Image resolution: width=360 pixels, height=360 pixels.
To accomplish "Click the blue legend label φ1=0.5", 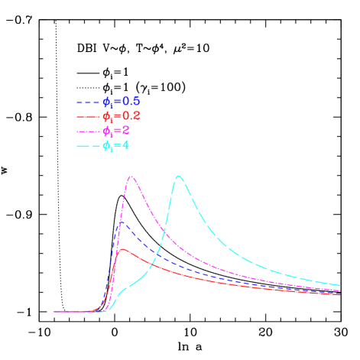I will (x=122, y=102).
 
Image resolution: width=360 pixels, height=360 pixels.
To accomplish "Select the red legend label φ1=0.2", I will (x=122, y=116).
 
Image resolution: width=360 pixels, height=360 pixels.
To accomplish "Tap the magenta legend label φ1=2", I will (x=116, y=131).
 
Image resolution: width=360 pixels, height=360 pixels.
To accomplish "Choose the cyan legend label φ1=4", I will (x=116, y=145).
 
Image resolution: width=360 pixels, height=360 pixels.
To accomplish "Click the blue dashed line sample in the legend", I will (x=88, y=102).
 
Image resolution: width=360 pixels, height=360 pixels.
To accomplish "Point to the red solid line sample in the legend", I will (x=88, y=116).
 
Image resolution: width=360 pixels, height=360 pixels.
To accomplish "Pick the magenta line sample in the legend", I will (x=88, y=131).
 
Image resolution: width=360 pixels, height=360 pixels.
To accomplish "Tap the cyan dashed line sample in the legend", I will (x=88, y=145).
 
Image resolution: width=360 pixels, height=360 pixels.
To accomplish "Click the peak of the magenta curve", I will (x=131, y=177).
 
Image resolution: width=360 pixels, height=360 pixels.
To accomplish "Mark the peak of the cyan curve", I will (x=179, y=176).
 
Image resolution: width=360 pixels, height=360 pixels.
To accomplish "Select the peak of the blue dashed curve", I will (x=121, y=222).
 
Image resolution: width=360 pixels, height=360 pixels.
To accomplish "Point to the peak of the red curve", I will (x=123, y=249).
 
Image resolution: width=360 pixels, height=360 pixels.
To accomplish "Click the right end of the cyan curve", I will (x=340, y=284).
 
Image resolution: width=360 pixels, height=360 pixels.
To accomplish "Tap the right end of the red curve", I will (x=340, y=294).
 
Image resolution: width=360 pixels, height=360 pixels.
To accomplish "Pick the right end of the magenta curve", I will (x=340, y=290).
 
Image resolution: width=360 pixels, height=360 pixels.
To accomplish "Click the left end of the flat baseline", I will (x=54, y=311).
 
